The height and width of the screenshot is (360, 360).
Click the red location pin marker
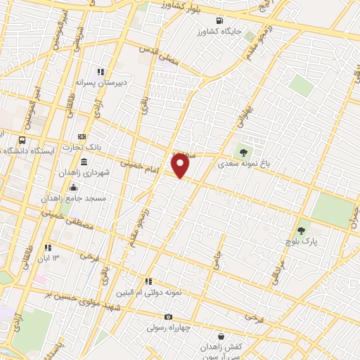click(181, 165)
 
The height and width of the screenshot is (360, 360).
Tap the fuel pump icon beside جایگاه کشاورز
click(221, 20)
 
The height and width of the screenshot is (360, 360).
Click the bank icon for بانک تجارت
click(83, 136)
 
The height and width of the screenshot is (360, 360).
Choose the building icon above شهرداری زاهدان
click(84, 162)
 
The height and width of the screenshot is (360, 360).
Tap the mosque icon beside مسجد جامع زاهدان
click(74, 186)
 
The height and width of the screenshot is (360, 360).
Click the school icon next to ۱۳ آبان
click(48, 247)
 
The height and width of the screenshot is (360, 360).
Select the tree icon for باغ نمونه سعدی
click(243, 149)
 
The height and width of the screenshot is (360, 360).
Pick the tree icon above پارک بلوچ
click(302, 231)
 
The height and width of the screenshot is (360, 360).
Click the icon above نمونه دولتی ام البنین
click(148, 281)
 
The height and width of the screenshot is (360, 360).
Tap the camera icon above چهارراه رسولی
click(168, 317)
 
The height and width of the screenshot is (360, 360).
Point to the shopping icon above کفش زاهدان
click(221, 337)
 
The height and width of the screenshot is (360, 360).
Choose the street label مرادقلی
click(276, 265)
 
